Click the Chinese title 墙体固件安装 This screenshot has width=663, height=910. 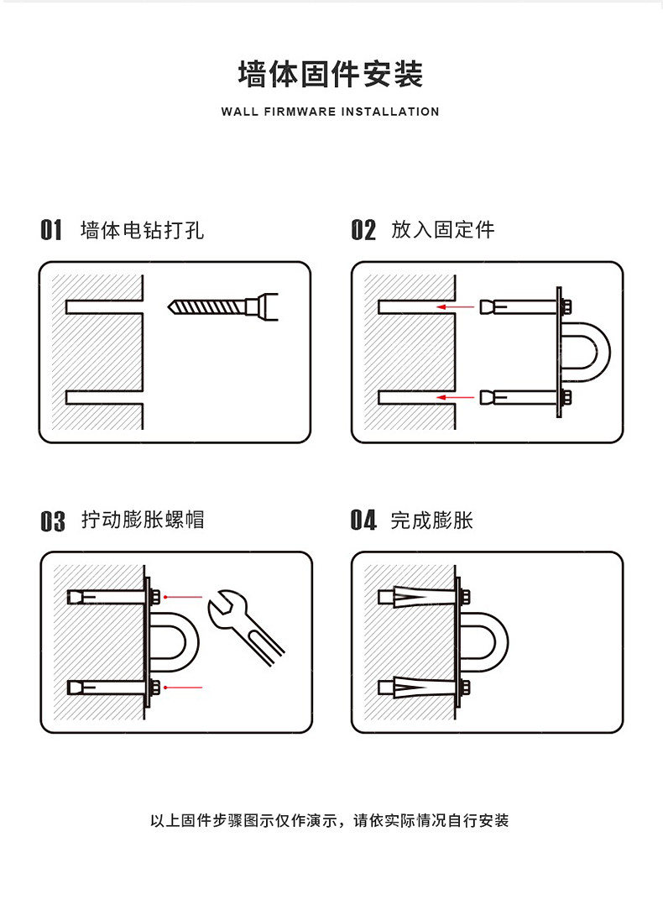(x=331, y=74)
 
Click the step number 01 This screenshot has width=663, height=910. (x=51, y=230)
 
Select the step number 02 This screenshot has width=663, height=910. (x=363, y=230)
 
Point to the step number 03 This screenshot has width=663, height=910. (x=52, y=521)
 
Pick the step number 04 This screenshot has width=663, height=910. (x=363, y=521)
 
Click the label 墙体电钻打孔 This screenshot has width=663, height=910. (x=142, y=230)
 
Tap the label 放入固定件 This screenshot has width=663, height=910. (x=442, y=230)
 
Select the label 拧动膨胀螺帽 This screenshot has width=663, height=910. (x=143, y=520)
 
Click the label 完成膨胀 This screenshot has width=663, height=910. (x=431, y=520)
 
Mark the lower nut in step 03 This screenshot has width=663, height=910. (x=156, y=688)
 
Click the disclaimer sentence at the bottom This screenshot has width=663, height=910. (x=330, y=820)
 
